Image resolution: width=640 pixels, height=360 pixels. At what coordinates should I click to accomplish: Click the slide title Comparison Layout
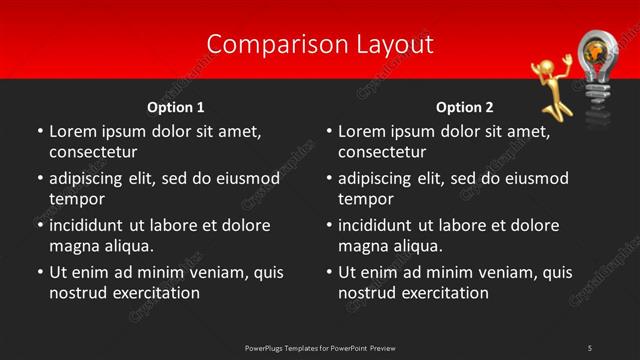(x=320, y=44)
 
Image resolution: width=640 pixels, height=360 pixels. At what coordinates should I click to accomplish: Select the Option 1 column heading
(x=176, y=107)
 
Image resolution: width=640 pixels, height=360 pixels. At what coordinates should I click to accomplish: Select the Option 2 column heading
(x=465, y=107)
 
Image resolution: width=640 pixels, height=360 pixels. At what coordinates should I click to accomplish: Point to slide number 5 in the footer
(x=590, y=348)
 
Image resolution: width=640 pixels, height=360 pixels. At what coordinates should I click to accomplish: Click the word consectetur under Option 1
(x=93, y=152)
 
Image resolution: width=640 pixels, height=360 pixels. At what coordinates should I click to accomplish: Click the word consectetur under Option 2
(x=382, y=152)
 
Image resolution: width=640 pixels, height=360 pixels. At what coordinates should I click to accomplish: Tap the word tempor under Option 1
(x=77, y=199)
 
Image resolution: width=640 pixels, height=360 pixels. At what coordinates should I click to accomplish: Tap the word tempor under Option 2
(x=366, y=199)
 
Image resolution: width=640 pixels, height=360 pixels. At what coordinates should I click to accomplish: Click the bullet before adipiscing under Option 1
(x=39, y=179)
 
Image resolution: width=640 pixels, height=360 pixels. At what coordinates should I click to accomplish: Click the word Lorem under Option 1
(x=71, y=131)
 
